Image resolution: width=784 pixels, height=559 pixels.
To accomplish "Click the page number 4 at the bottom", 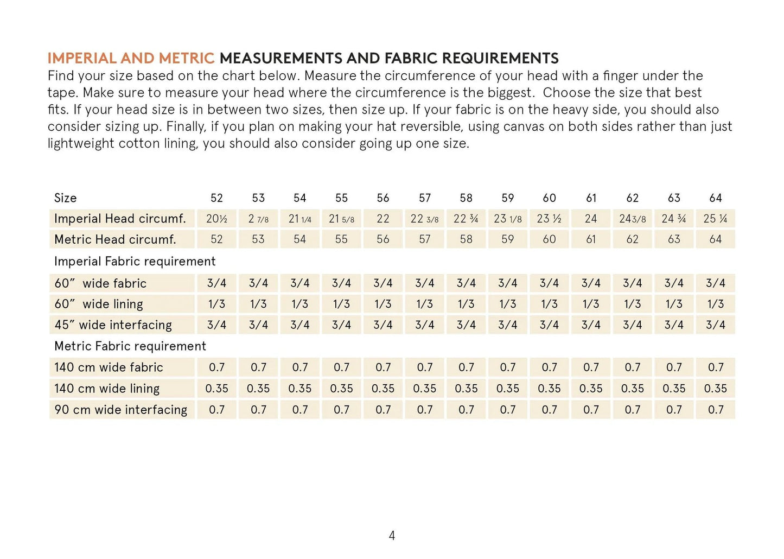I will tap(392, 536).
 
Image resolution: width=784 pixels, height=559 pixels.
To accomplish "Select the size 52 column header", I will tap(216, 198).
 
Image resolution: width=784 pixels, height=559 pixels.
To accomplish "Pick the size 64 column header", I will tap(715, 198).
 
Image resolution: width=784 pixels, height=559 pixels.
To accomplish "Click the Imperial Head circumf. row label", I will tap(120, 219).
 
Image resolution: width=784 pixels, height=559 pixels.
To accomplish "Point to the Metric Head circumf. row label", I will tap(115, 239).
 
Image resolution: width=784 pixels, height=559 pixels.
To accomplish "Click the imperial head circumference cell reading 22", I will tap(383, 219).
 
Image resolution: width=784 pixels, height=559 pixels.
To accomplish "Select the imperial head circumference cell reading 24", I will tap(591, 219).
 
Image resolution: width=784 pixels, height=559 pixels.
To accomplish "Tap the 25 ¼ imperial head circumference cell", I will tap(715, 219).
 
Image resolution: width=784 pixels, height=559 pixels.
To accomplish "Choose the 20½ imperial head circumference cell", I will tap(216, 219).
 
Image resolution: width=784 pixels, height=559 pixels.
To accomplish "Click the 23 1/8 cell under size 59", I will tap(507, 219).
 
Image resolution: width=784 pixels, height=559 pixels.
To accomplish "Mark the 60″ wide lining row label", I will tap(99, 304).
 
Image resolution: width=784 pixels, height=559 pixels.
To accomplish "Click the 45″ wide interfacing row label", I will tap(113, 325).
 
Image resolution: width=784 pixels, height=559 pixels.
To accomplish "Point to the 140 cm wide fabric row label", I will tap(109, 367).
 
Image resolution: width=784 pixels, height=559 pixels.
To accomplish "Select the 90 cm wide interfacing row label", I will tap(120, 410).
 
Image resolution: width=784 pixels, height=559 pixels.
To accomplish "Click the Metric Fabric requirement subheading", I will tap(130, 346).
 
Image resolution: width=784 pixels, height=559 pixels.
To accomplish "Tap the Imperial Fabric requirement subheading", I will tap(135, 262).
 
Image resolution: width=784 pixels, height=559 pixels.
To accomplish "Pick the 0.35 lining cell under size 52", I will tap(216, 389).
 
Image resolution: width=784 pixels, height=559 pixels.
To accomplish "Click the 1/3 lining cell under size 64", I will tap(715, 304).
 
